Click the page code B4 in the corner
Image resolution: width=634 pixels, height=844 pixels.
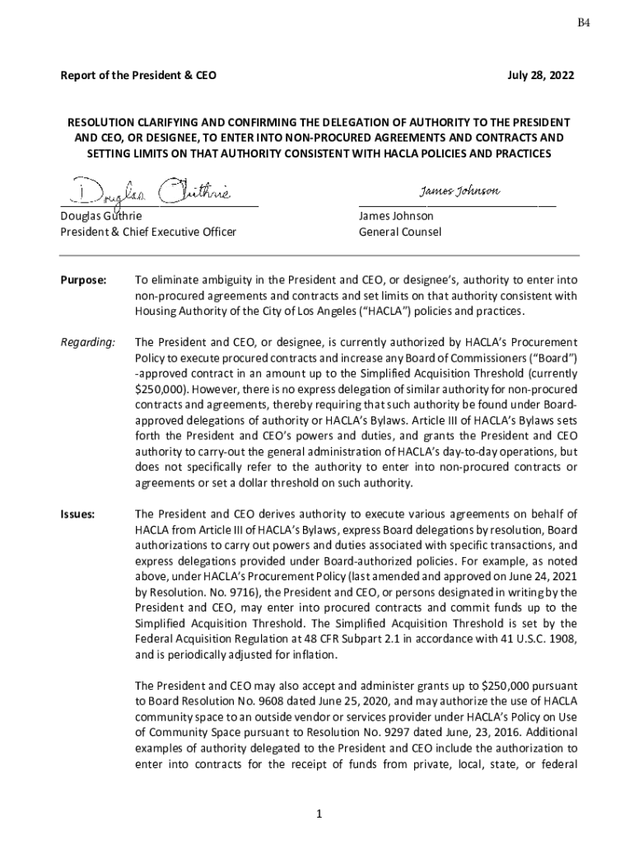(583, 23)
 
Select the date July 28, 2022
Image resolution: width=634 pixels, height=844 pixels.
(541, 75)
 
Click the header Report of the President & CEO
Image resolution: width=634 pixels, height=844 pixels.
(138, 75)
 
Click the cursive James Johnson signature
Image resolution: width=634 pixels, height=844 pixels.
(459, 191)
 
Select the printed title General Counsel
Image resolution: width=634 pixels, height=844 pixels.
(399, 232)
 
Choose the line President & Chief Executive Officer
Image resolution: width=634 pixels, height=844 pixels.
(148, 232)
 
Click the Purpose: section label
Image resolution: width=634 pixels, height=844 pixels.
(83, 281)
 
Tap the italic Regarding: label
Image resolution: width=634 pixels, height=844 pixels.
(87, 341)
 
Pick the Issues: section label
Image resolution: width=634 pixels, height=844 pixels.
(77, 514)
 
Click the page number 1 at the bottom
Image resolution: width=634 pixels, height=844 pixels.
(317, 814)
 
